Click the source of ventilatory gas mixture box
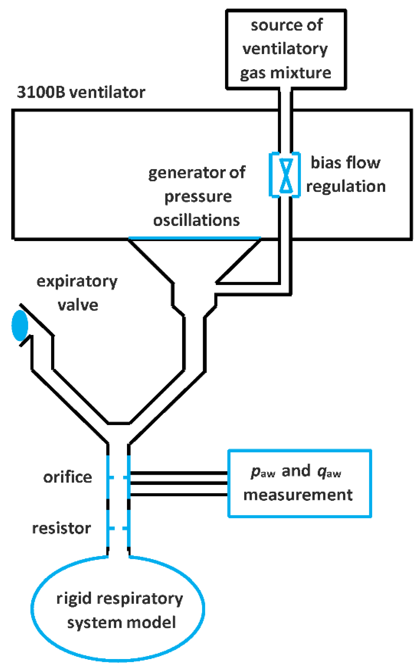286,49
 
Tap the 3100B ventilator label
81,92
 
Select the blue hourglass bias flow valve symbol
286,176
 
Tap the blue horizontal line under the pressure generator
194,239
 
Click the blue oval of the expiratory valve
20,325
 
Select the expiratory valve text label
77,293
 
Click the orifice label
67,477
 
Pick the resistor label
62,528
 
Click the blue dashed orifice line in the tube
118,477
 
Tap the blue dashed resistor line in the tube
118,528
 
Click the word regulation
346,186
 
